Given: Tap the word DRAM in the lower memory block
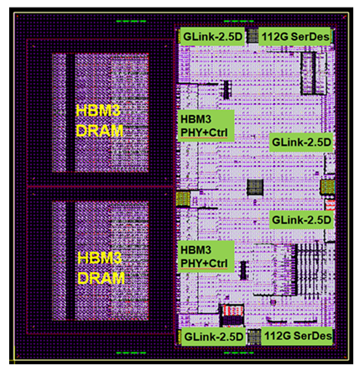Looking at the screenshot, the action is pos(101,278).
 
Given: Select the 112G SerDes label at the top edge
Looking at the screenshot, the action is pos(295,36).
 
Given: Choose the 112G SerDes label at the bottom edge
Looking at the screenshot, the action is pos(298,336).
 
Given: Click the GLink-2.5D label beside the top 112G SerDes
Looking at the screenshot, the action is pos(212,36).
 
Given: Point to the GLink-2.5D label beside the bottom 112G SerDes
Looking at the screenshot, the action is pos(214,337).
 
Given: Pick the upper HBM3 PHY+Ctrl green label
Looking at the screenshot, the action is pos(206,126).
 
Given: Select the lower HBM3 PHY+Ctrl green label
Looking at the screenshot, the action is pos(206,256).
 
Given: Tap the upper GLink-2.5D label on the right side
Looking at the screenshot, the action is pos(301,143).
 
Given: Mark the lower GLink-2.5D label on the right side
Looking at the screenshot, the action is pos(301,220).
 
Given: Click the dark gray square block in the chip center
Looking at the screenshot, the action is pos(255,187).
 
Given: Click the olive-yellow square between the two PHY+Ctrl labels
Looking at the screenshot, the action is pos(183,199).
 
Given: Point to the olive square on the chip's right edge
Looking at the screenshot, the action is pos(327,187).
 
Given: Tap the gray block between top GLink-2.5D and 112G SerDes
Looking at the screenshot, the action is pos(252,36).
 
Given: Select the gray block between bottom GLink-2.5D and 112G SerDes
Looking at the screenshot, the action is pos(253,337).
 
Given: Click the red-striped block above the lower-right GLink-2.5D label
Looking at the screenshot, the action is pos(330,205).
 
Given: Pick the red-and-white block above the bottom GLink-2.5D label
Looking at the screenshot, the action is pos(232,315).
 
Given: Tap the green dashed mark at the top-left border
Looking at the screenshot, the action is pos(131,21).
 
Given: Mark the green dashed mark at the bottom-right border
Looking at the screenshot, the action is pos(238,353).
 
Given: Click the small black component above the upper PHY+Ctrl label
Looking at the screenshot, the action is pos(227,90).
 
